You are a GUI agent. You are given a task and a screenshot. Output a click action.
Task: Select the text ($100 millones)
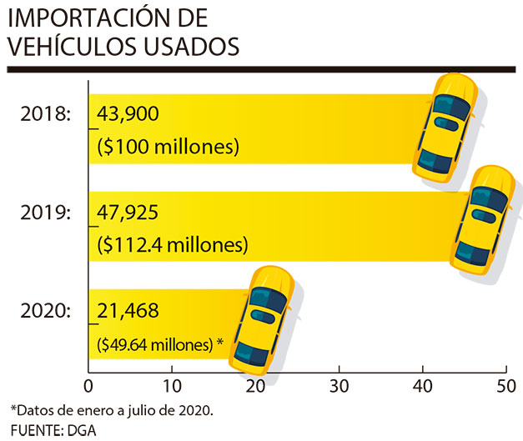[168, 147]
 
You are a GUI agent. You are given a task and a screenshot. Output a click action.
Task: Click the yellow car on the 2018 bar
[446, 125]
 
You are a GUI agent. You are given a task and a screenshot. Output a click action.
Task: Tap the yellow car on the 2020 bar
[263, 317]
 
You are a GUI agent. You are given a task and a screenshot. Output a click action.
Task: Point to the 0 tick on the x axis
[88, 385]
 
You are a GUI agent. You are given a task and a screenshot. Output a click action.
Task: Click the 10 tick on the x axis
[171, 385]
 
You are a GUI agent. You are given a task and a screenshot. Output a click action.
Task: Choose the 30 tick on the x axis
[338, 385]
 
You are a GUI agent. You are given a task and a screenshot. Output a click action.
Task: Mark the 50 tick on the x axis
[505, 385]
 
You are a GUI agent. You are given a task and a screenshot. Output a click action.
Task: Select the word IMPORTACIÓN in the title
[93, 18]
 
